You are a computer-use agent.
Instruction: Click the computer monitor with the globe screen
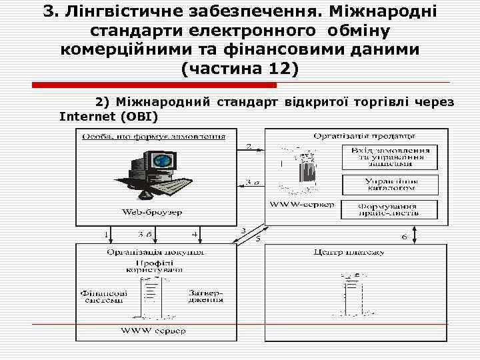159,161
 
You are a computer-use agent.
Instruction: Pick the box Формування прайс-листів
391,209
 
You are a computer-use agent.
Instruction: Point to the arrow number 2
249,147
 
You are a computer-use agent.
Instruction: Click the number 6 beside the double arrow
404,238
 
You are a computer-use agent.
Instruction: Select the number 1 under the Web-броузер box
106,235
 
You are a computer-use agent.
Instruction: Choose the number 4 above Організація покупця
194,235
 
